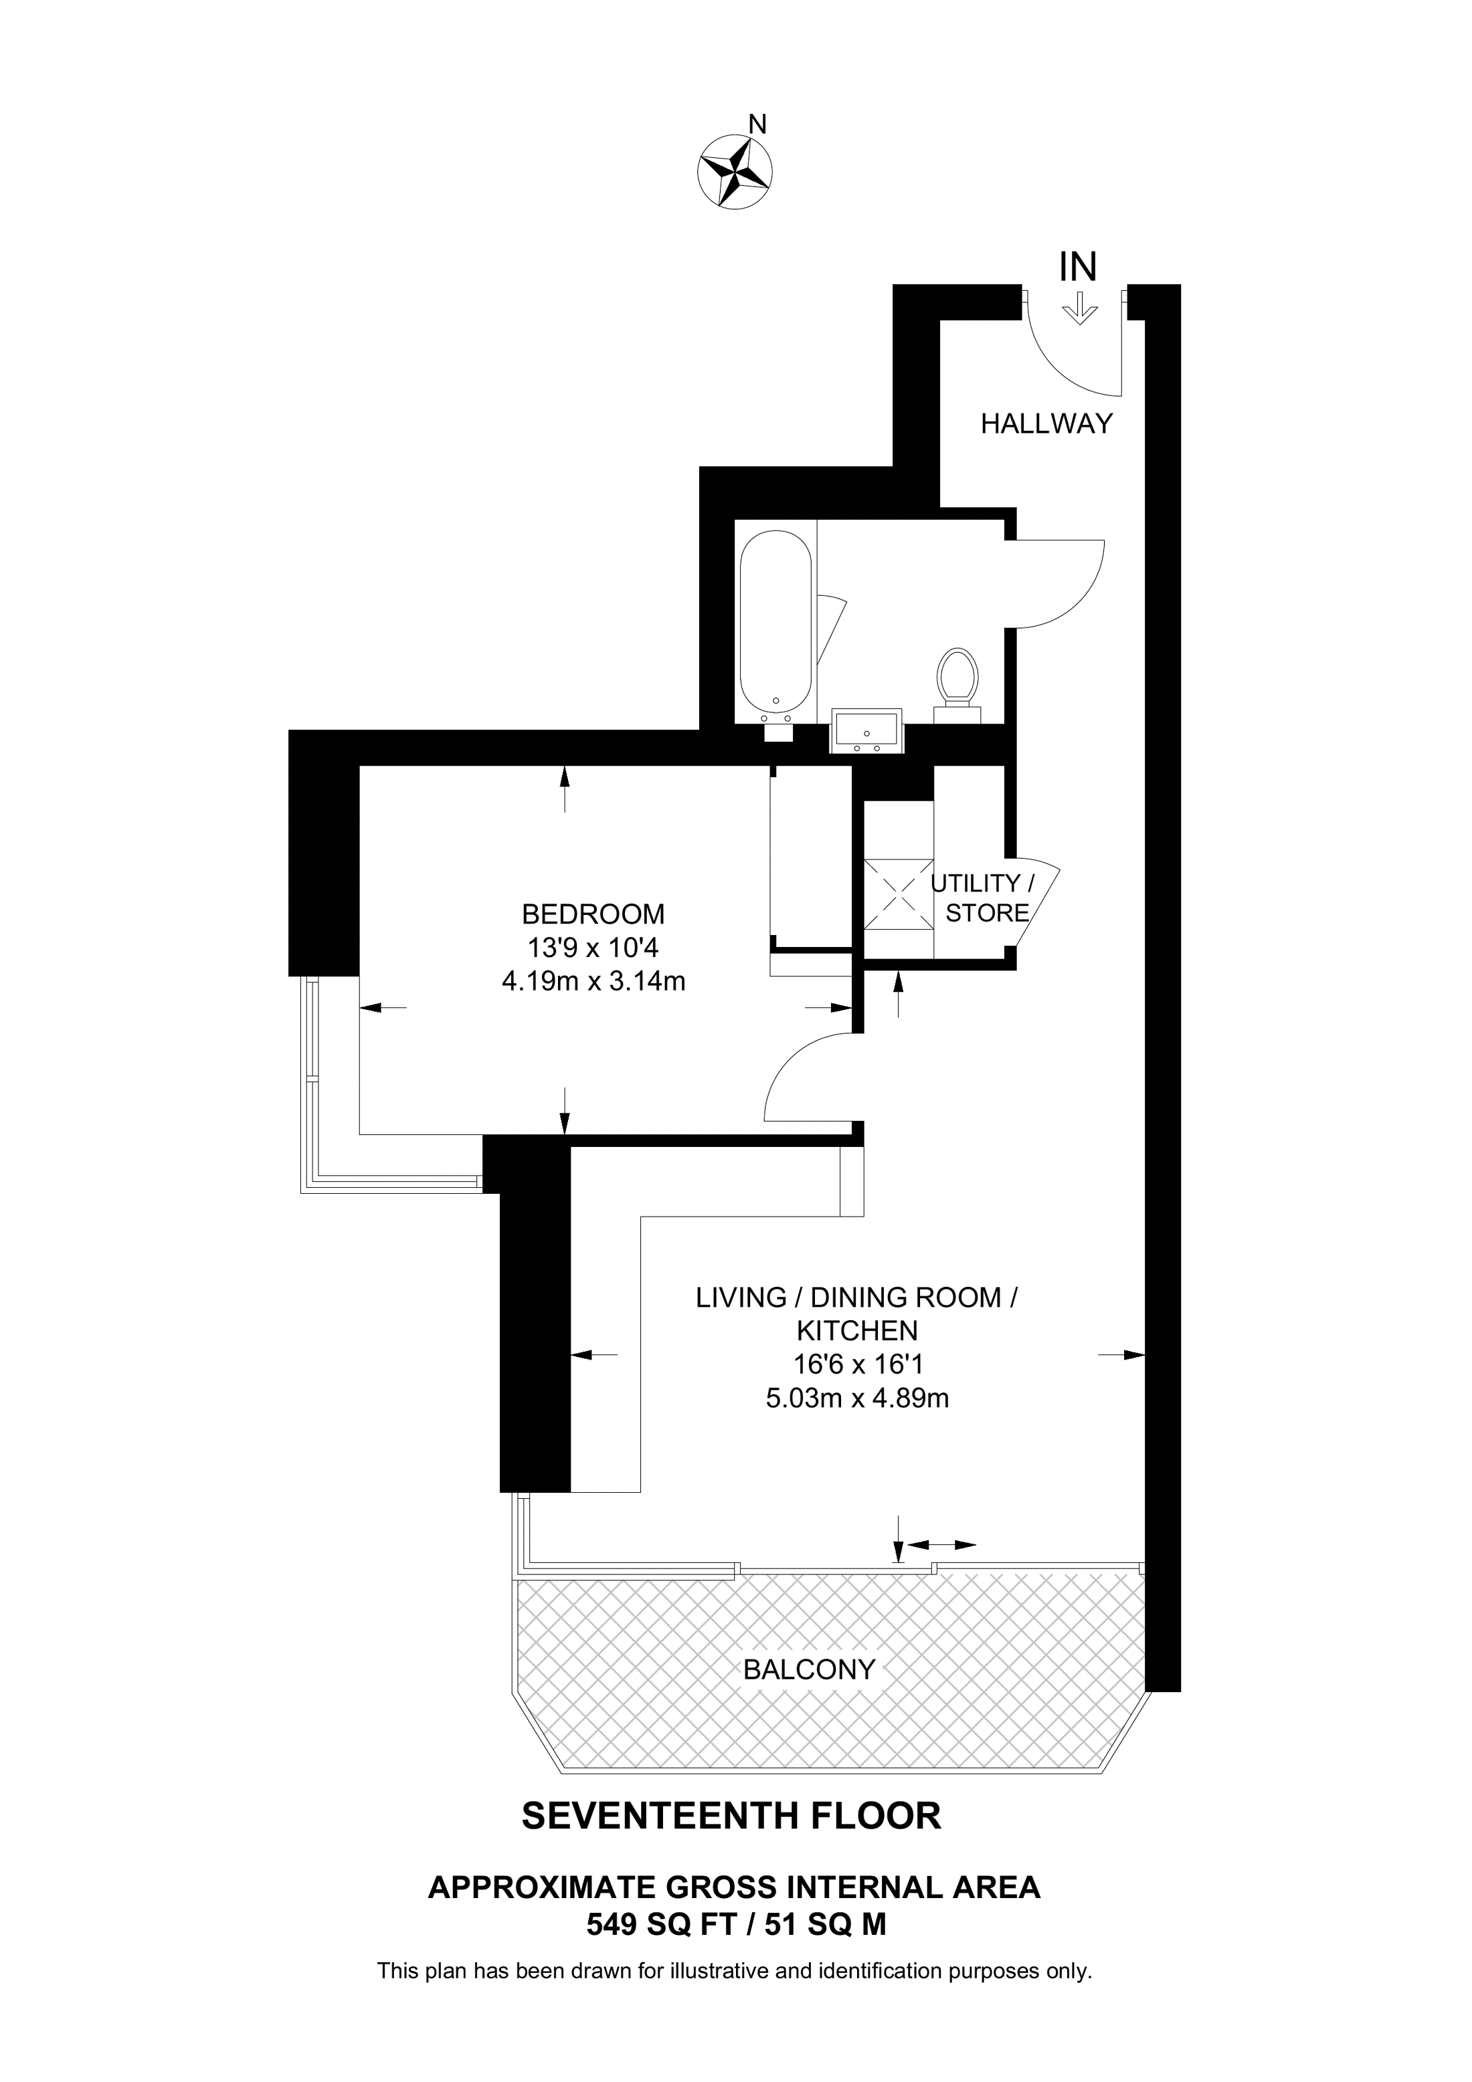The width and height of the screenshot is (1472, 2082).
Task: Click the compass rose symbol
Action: point(735,173)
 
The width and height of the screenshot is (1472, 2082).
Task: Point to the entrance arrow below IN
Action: point(1079,308)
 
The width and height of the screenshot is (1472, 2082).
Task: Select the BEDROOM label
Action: point(593,912)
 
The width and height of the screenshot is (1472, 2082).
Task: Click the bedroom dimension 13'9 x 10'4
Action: point(593,948)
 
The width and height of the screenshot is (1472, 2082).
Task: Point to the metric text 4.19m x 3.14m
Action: point(593,981)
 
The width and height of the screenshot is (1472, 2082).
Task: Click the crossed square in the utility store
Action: point(898,893)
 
